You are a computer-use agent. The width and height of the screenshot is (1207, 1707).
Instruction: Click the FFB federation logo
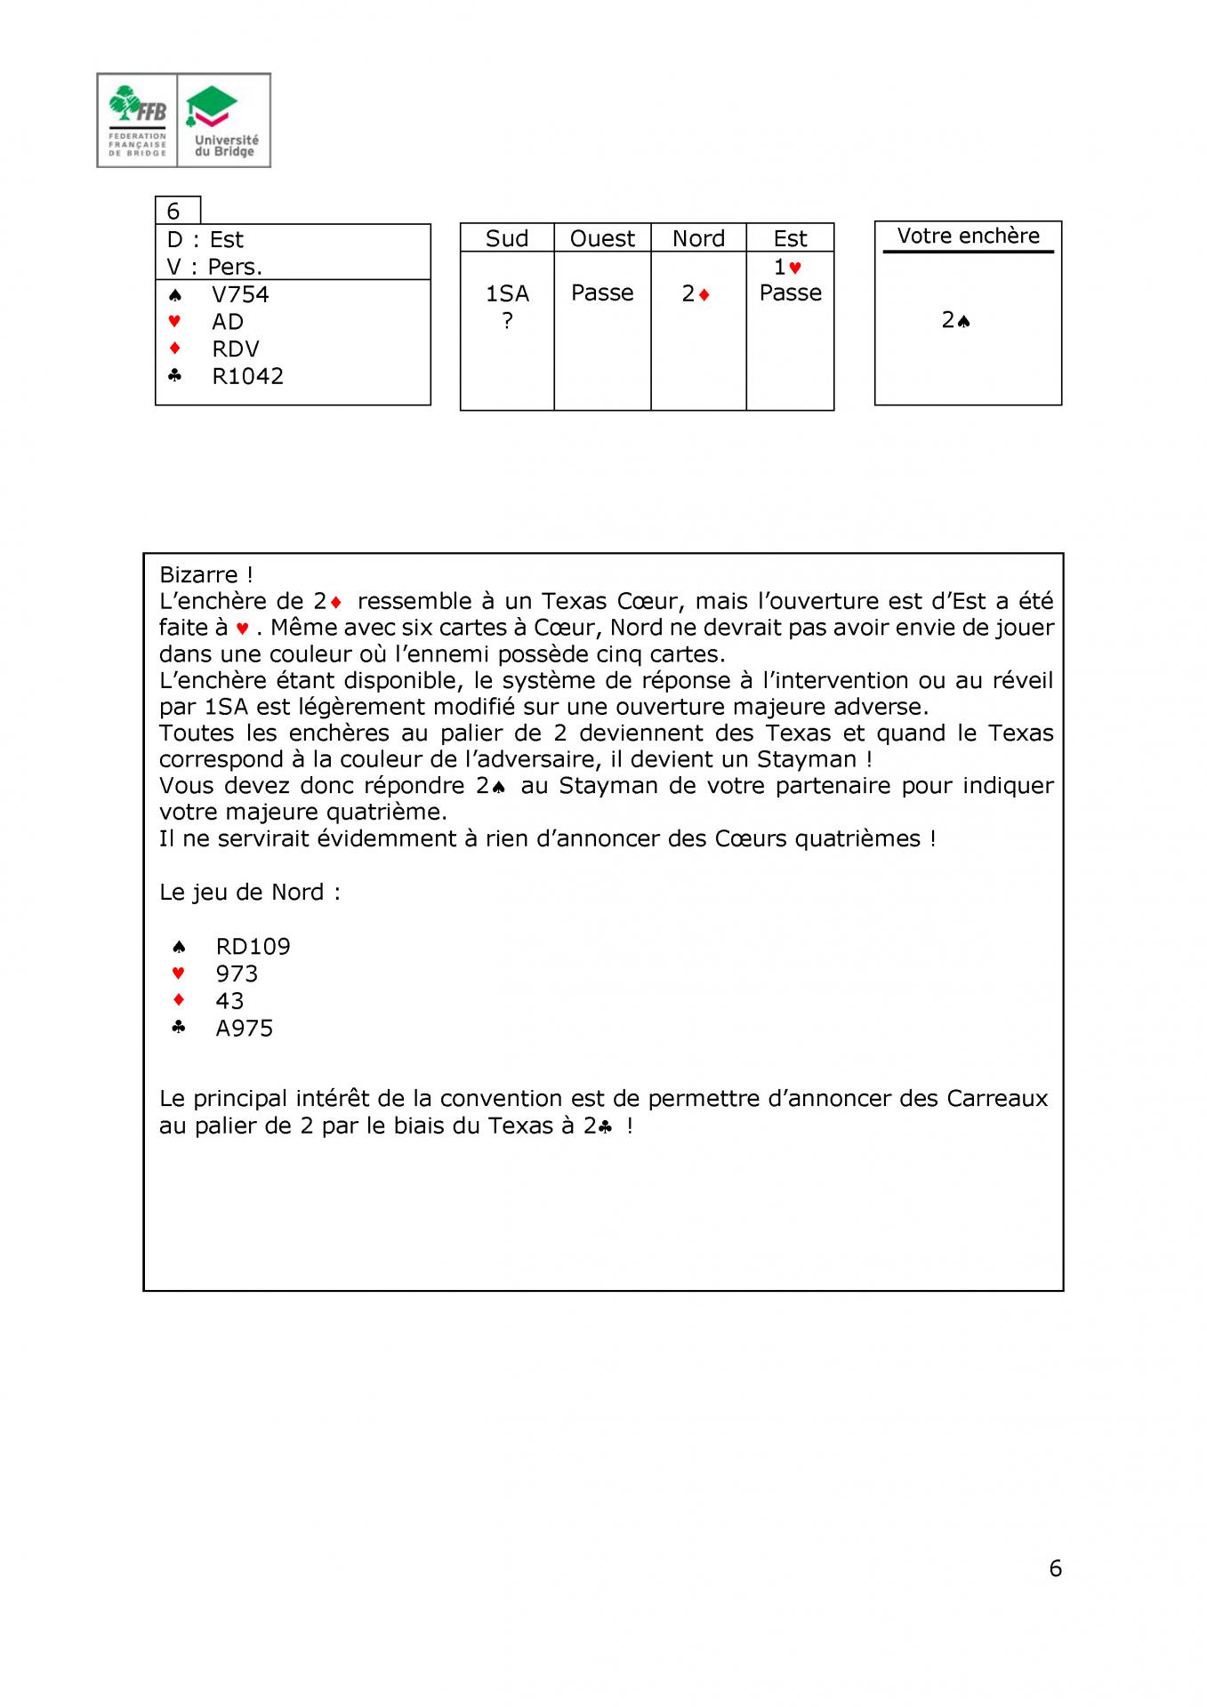point(137,120)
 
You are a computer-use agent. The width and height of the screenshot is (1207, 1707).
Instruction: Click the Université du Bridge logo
point(225,120)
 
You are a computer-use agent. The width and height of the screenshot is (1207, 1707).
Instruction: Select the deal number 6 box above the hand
point(174,211)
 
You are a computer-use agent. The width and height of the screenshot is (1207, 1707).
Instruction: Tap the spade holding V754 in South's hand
point(240,294)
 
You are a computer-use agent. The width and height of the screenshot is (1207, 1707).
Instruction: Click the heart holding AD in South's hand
point(228,322)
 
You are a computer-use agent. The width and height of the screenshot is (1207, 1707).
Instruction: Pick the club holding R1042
point(247,376)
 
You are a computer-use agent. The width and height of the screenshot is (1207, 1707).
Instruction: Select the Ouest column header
point(602,238)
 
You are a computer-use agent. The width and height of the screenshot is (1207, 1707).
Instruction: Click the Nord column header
point(698,238)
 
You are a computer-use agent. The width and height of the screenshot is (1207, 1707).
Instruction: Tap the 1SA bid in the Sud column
point(507,293)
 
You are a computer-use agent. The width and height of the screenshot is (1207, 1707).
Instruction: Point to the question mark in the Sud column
point(507,321)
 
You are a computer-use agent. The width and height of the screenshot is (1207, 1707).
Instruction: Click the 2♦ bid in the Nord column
point(696,294)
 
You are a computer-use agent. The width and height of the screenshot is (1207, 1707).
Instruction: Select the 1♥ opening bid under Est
point(787,267)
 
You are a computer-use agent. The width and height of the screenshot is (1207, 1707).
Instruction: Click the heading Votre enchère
point(968,236)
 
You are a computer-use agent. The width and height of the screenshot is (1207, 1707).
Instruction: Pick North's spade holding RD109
point(253,947)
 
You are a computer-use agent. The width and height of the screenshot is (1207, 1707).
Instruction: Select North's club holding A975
point(244,1029)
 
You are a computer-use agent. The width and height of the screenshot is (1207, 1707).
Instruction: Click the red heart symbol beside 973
point(178,974)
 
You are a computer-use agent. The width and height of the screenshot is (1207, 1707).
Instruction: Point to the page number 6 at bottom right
point(1055,1568)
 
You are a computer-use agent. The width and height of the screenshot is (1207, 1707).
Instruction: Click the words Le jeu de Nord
point(240,893)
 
